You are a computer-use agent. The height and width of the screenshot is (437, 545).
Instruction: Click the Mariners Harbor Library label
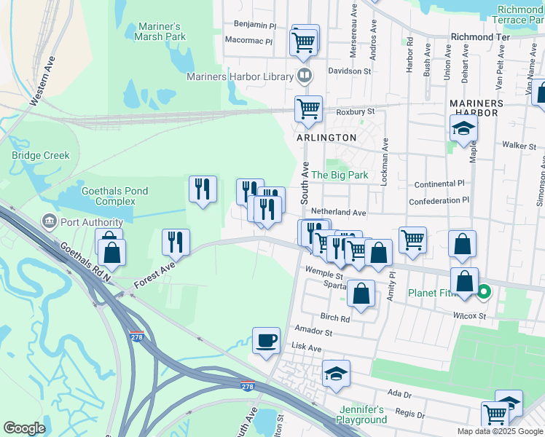coord(239,76)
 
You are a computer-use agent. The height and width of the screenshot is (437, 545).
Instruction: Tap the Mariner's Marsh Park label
coord(160,31)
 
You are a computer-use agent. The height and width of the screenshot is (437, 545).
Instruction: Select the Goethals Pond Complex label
coord(114,196)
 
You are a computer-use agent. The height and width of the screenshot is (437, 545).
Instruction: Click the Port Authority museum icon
coord(49,221)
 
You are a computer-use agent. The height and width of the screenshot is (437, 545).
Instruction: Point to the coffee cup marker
coord(267,340)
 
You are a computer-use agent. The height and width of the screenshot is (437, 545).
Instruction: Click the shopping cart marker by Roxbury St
coord(309,109)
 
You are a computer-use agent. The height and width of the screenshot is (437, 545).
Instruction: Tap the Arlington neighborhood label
coord(326,138)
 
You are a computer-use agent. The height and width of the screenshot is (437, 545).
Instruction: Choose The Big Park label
coord(340,176)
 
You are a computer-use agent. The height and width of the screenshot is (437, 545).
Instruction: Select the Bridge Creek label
coord(41,155)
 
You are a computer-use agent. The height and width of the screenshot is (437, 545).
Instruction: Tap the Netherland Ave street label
coord(338,212)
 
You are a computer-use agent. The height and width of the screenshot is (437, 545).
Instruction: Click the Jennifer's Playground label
coord(361,414)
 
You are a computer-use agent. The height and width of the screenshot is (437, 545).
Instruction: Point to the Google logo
coord(25,428)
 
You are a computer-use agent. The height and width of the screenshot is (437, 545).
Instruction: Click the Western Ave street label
coord(43,81)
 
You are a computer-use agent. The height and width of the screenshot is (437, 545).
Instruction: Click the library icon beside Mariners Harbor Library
coord(305,76)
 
